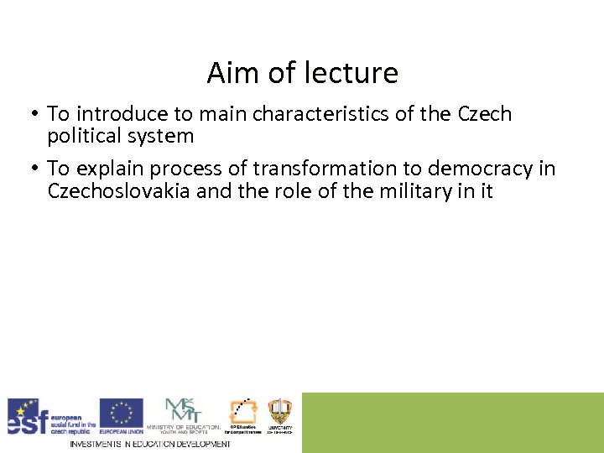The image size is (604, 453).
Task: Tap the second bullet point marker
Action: click(35, 169)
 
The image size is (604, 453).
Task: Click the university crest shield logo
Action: click(279, 413)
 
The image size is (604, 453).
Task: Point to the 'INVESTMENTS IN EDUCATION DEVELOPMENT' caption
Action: click(149, 443)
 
